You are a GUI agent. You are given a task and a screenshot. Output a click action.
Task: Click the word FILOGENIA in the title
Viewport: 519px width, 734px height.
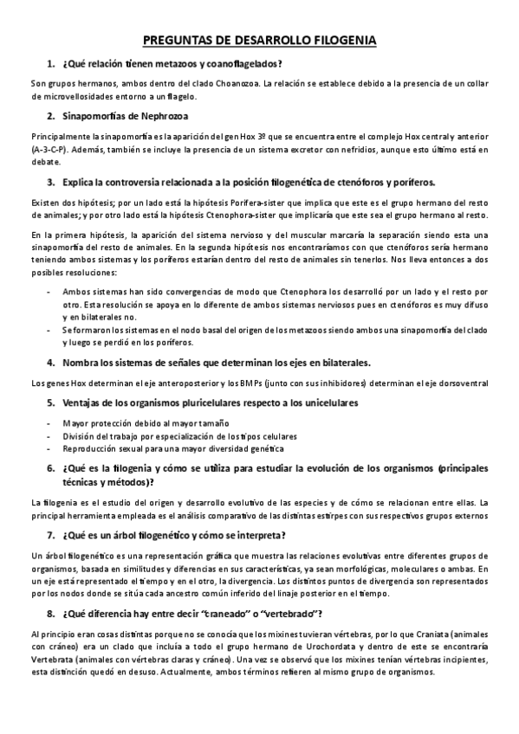click(335, 40)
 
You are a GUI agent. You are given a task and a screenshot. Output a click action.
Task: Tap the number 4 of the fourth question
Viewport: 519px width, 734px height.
click(51, 362)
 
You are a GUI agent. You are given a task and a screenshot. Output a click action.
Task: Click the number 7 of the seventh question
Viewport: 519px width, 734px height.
click(51, 535)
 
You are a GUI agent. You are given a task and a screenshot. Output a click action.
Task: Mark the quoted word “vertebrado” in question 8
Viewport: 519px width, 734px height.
click(285, 614)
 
